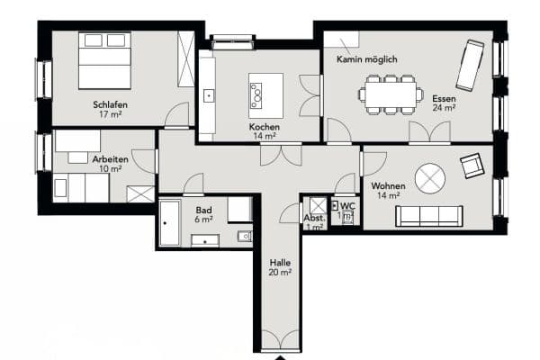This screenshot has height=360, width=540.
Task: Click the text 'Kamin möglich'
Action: click(x=367, y=59)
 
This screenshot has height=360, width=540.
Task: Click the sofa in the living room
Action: click(x=429, y=216)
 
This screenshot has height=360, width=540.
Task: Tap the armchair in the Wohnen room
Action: click(x=472, y=166)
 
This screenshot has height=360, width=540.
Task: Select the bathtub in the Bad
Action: click(x=171, y=222)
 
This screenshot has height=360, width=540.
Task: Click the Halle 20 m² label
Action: click(x=280, y=266)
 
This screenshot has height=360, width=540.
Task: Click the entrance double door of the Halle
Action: click(x=280, y=340)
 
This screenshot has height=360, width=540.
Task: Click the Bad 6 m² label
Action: click(x=204, y=214)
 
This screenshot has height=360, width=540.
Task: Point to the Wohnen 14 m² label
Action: click(x=388, y=191)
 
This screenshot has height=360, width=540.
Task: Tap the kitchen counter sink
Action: click(x=208, y=94)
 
